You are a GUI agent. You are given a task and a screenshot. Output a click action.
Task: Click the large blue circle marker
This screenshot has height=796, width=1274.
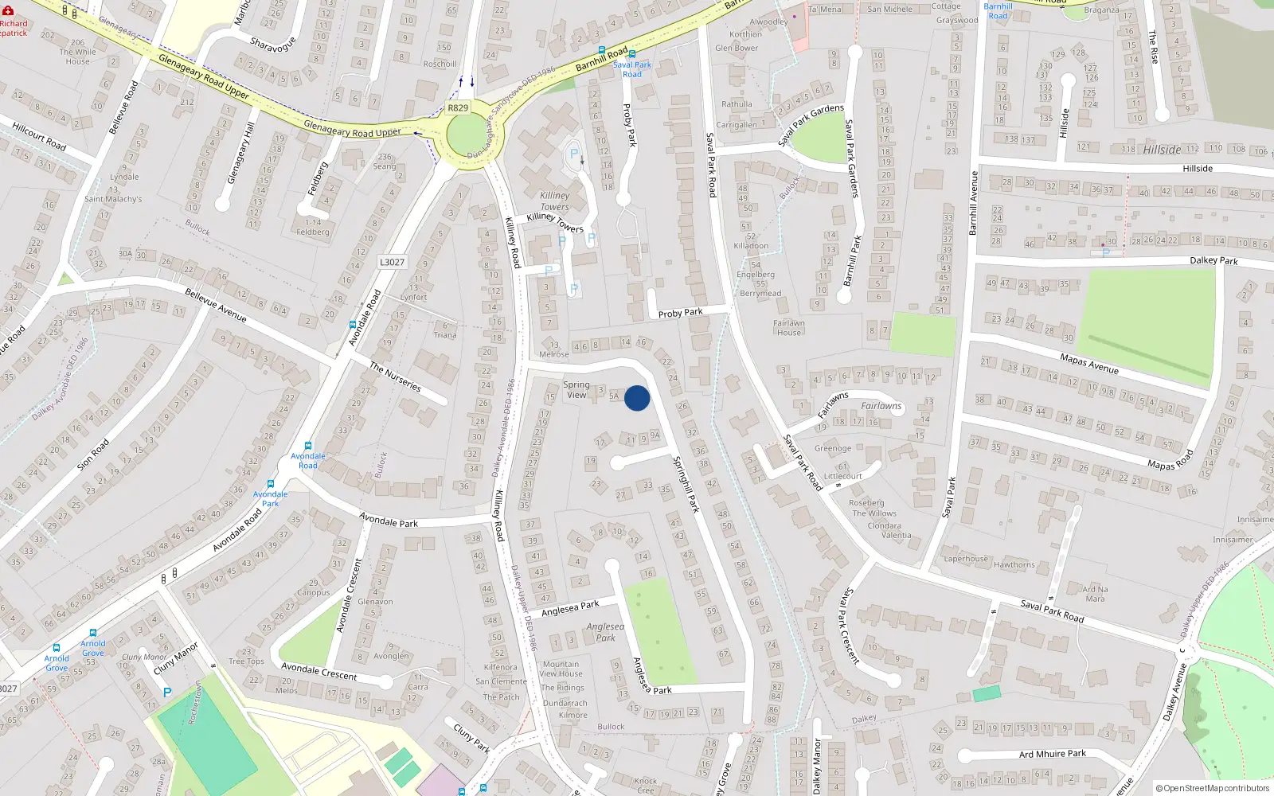pos(637,398)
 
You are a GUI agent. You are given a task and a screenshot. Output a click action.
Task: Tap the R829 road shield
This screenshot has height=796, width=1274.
pos(458,108)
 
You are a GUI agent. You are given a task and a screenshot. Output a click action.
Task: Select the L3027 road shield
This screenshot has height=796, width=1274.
pos(392,262)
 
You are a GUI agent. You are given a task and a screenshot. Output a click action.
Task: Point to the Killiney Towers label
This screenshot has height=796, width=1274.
pos(555,201)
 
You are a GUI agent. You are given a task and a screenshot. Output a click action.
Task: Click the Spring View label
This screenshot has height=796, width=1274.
pos(576,389)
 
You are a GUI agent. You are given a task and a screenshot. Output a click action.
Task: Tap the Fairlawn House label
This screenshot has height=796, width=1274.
pos(788,328)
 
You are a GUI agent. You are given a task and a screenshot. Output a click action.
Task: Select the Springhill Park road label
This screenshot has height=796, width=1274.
pos(686,483)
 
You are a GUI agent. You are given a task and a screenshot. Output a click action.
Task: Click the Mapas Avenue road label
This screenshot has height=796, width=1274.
pos(1089,364)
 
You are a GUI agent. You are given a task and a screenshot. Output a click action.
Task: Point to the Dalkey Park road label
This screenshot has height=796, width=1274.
pos(1213,260)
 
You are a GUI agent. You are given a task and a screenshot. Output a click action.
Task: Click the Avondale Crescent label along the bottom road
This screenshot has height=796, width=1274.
pos(319,671)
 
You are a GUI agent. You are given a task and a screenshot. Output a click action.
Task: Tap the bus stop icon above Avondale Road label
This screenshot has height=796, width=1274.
pos(308,446)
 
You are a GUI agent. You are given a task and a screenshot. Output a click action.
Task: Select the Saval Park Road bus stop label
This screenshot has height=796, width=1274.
pos(632,69)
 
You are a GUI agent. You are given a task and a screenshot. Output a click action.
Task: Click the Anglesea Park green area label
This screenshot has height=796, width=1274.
pos(606,632)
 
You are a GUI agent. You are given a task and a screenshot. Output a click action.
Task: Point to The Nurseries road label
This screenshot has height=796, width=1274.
pos(395,376)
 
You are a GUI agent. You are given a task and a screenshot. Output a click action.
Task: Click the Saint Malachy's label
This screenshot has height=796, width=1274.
pos(113,199)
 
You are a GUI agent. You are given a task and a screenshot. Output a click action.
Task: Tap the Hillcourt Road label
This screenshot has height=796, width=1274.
pos(39,137)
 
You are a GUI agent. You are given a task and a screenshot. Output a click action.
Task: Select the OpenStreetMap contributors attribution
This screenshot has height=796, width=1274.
pos(1213,788)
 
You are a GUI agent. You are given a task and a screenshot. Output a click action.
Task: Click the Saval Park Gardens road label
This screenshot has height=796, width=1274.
pos(850,158)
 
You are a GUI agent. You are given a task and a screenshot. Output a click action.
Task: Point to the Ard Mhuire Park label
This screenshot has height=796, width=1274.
pos(1052,754)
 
